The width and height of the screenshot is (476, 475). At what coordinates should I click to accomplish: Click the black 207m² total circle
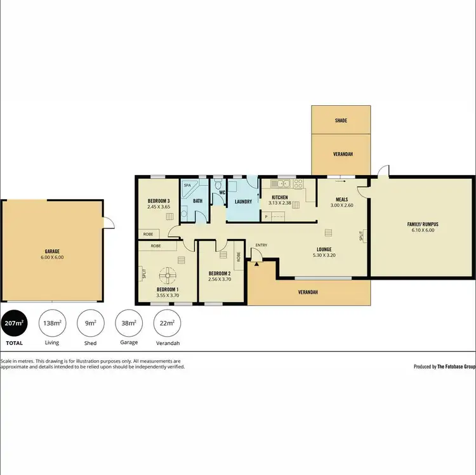pyautogui.click(x=14, y=323)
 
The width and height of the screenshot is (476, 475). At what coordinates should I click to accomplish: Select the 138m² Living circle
pyautogui.click(x=52, y=323)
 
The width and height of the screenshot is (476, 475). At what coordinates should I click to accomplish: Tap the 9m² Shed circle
pyautogui.click(x=91, y=323)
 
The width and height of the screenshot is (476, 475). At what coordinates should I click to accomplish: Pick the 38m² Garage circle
pyautogui.click(x=129, y=323)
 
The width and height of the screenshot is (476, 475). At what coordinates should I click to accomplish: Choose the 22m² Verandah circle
pyautogui.click(x=167, y=323)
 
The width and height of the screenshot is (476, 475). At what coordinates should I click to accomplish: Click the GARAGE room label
pyautogui.click(x=53, y=251)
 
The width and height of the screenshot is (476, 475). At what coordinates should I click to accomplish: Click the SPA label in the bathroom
pyautogui.click(x=187, y=186)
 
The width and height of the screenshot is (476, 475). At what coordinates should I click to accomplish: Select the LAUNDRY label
pyautogui.click(x=244, y=202)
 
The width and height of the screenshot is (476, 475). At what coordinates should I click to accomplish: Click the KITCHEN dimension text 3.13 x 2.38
pyautogui.click(x=279, y=204)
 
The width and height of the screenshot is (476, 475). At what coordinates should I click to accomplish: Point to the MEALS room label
pyautogui.click(x=341, y=198)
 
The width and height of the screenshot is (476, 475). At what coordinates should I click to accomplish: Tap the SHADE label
pyautogui.click(x=341, y=120)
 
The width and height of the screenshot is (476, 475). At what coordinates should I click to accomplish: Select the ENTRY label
pyautogui.click(x=261, y=245)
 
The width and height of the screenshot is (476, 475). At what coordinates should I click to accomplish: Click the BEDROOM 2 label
pyautogui.click(x=220, y=273)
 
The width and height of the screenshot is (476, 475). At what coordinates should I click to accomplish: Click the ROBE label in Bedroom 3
pyautogui.click(x=147, y=233)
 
